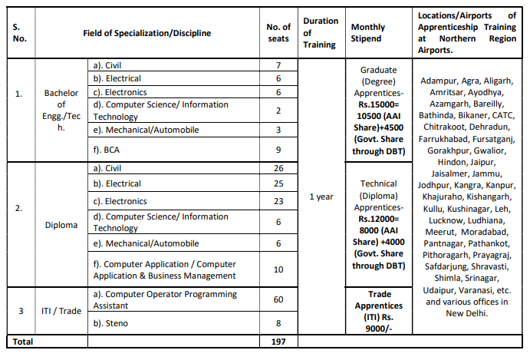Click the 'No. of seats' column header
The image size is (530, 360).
click(278, 33)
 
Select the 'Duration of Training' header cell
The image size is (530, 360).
click(320, 33)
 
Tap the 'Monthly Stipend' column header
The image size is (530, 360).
click(368, 33)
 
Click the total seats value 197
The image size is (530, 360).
click(278, 342)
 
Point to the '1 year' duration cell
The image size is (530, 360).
click(321, 197)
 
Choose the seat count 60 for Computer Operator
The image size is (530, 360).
click(278, 299)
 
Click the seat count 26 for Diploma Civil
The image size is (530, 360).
click(278, 168)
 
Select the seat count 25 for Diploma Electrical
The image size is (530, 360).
click(278, 184)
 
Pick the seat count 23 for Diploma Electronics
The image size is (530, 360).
click(278, 202)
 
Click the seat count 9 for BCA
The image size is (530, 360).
click(278, 150)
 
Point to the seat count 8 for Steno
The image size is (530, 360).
click(278, 323)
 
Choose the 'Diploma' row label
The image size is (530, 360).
click(61, 225)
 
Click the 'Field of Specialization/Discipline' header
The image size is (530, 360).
click(147, 33)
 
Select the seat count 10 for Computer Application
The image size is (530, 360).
click(278, 269)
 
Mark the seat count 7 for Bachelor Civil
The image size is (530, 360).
click(278, 65)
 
